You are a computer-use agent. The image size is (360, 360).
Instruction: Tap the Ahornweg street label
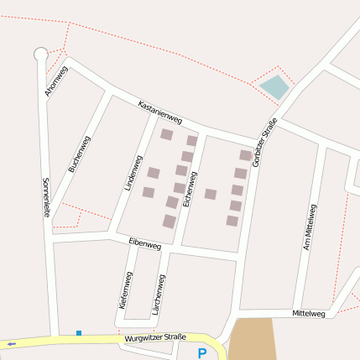pyautogui.click(x=56, y=81)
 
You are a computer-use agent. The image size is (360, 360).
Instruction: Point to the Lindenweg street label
pyautogui.click(x=133, y=173)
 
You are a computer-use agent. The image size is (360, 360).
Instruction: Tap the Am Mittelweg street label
pyautogui.click(x=308, y=227)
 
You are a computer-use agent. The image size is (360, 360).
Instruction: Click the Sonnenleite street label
pyautogui.click(x=46, y=197)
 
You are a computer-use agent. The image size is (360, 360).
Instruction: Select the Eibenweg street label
pyautogui.click(x=144, y=244)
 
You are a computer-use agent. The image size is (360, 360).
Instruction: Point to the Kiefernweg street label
pyautogui.click(x=126, y=290)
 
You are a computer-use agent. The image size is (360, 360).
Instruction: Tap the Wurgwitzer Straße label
pyautogui.click(x=154, y=337)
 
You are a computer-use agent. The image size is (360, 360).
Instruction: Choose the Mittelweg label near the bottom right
pyautogui.click(x=308, y=313)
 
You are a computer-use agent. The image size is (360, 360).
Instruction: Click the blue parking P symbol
pyautogui.click(x=201, y=353)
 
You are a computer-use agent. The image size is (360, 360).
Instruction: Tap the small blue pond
pyautogui.click(x=274, y=86)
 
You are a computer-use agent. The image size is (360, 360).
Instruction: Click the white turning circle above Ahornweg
pyautogui.click(x=40, y=55)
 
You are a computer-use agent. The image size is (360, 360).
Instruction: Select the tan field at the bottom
pyautogui.click(x=253, y=339)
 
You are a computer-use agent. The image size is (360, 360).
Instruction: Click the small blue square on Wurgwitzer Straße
pyautogui.click(x=79, y=333)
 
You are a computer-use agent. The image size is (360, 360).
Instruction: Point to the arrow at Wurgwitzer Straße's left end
pyautogui.click(x=11, y=343)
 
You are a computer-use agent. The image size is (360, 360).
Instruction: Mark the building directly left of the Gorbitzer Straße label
pyautogui.click(x=245, y=155)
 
